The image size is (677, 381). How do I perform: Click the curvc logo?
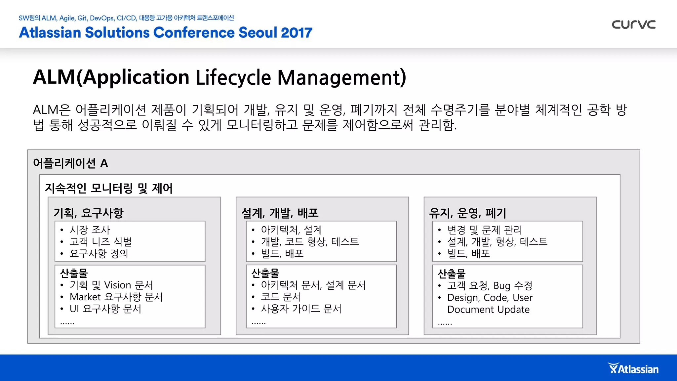point(633,24)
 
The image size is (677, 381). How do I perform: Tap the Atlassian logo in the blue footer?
point(633,368)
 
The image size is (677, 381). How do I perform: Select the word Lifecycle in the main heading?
point(234,77)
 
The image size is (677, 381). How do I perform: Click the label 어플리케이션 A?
point(70,163)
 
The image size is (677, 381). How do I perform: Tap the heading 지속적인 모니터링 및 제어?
point(108,188)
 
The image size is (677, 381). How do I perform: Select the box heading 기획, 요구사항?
point(88,213)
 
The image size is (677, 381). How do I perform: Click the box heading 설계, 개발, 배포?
point(280,213)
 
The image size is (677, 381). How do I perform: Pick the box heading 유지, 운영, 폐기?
point(467,213)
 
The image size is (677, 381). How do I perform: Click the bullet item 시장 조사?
point(90,230)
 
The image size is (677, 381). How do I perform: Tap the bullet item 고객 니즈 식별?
point(100,241)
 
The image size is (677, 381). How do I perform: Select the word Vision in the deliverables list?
point(118,285)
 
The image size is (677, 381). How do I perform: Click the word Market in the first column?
point(85,297)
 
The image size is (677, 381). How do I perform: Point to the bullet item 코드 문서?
point(281,297)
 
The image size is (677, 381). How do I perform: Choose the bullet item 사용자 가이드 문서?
point(301,309)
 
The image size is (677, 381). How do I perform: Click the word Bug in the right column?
point(502,285)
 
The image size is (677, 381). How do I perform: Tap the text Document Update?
point(488,309)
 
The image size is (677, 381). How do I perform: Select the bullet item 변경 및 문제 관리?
point(485,230)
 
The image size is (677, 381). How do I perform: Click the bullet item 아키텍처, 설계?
point(291,230)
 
